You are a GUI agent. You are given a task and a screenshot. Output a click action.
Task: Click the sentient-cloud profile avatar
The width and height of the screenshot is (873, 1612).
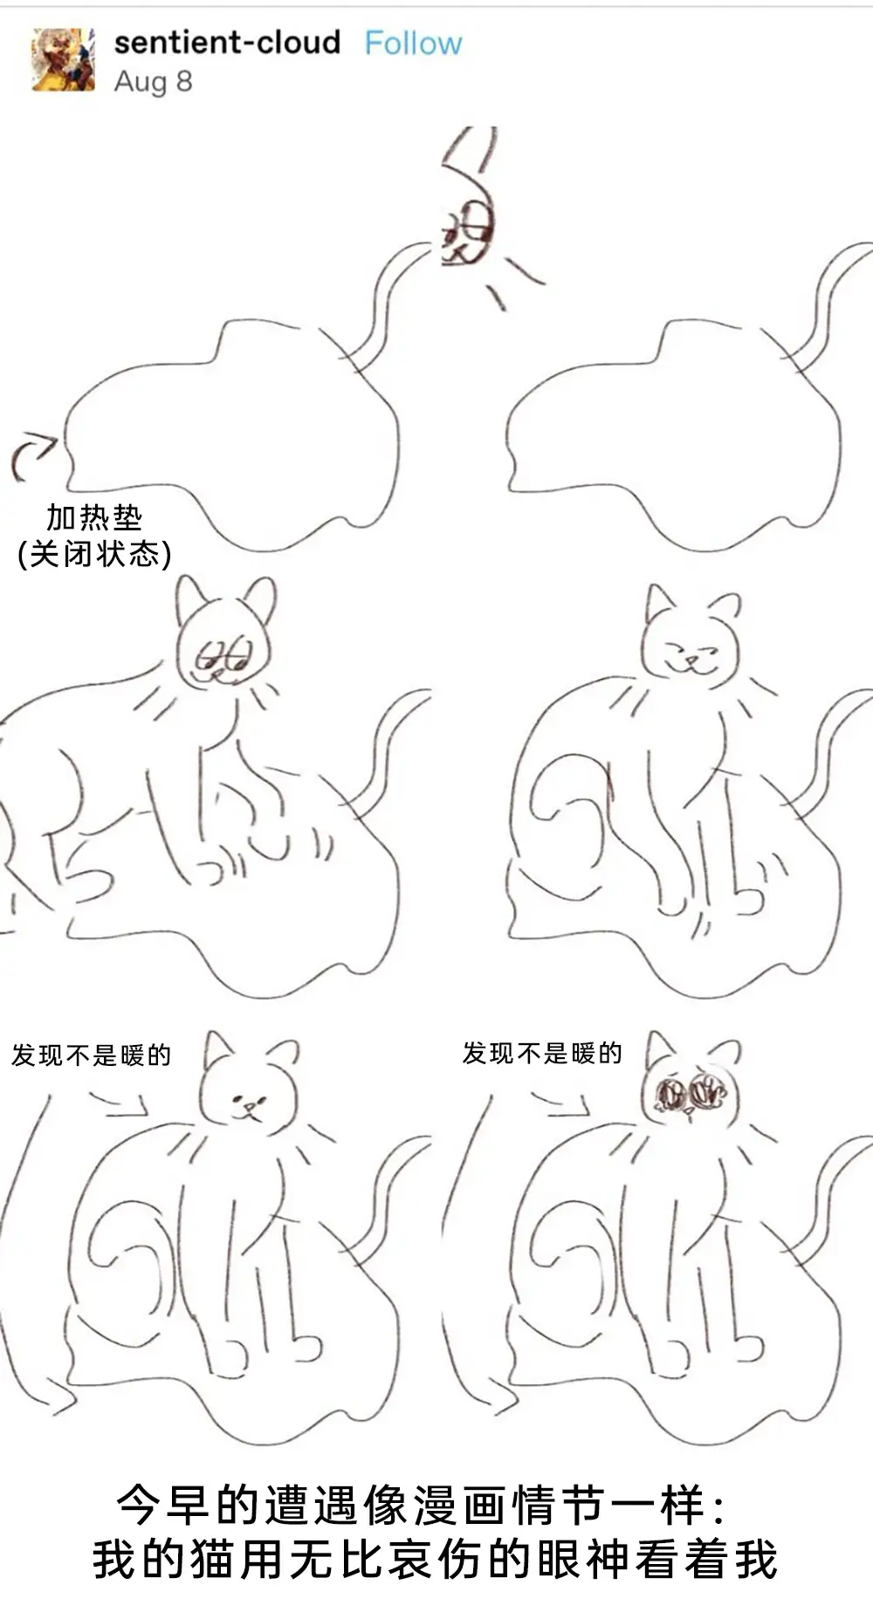[63, 59]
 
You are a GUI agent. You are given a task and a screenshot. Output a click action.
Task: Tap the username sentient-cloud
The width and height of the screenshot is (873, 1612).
[227, 42]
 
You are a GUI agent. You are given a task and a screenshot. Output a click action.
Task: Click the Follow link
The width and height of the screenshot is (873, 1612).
[413, 43]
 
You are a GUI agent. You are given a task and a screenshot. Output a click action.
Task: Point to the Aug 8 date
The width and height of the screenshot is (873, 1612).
[153, 81]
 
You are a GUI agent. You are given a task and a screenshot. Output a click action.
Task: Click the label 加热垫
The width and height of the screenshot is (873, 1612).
[94, 517]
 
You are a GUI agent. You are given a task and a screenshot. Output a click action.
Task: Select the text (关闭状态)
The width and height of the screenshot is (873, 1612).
[94, 553]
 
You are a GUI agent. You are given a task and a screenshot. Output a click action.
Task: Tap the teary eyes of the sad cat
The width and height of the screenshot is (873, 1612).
[690, 1092]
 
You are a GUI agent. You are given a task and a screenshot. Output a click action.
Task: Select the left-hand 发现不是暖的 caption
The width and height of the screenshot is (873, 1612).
[92, 1055]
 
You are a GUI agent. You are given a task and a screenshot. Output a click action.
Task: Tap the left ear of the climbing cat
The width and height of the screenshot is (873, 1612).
[190, 598]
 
